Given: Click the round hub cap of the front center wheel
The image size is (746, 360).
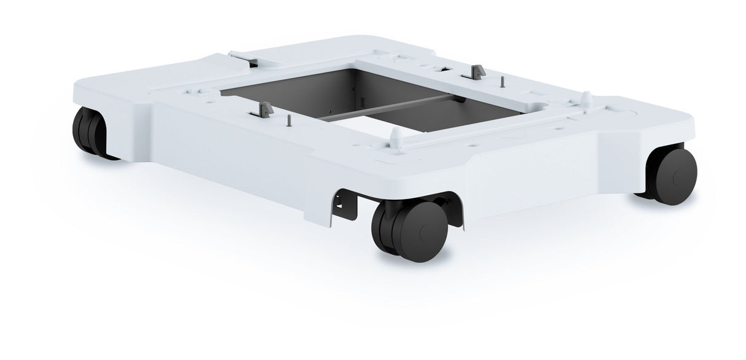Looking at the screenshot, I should (x=423, y=231).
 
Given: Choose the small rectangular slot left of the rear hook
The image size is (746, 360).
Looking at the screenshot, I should (x=440, y=69).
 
